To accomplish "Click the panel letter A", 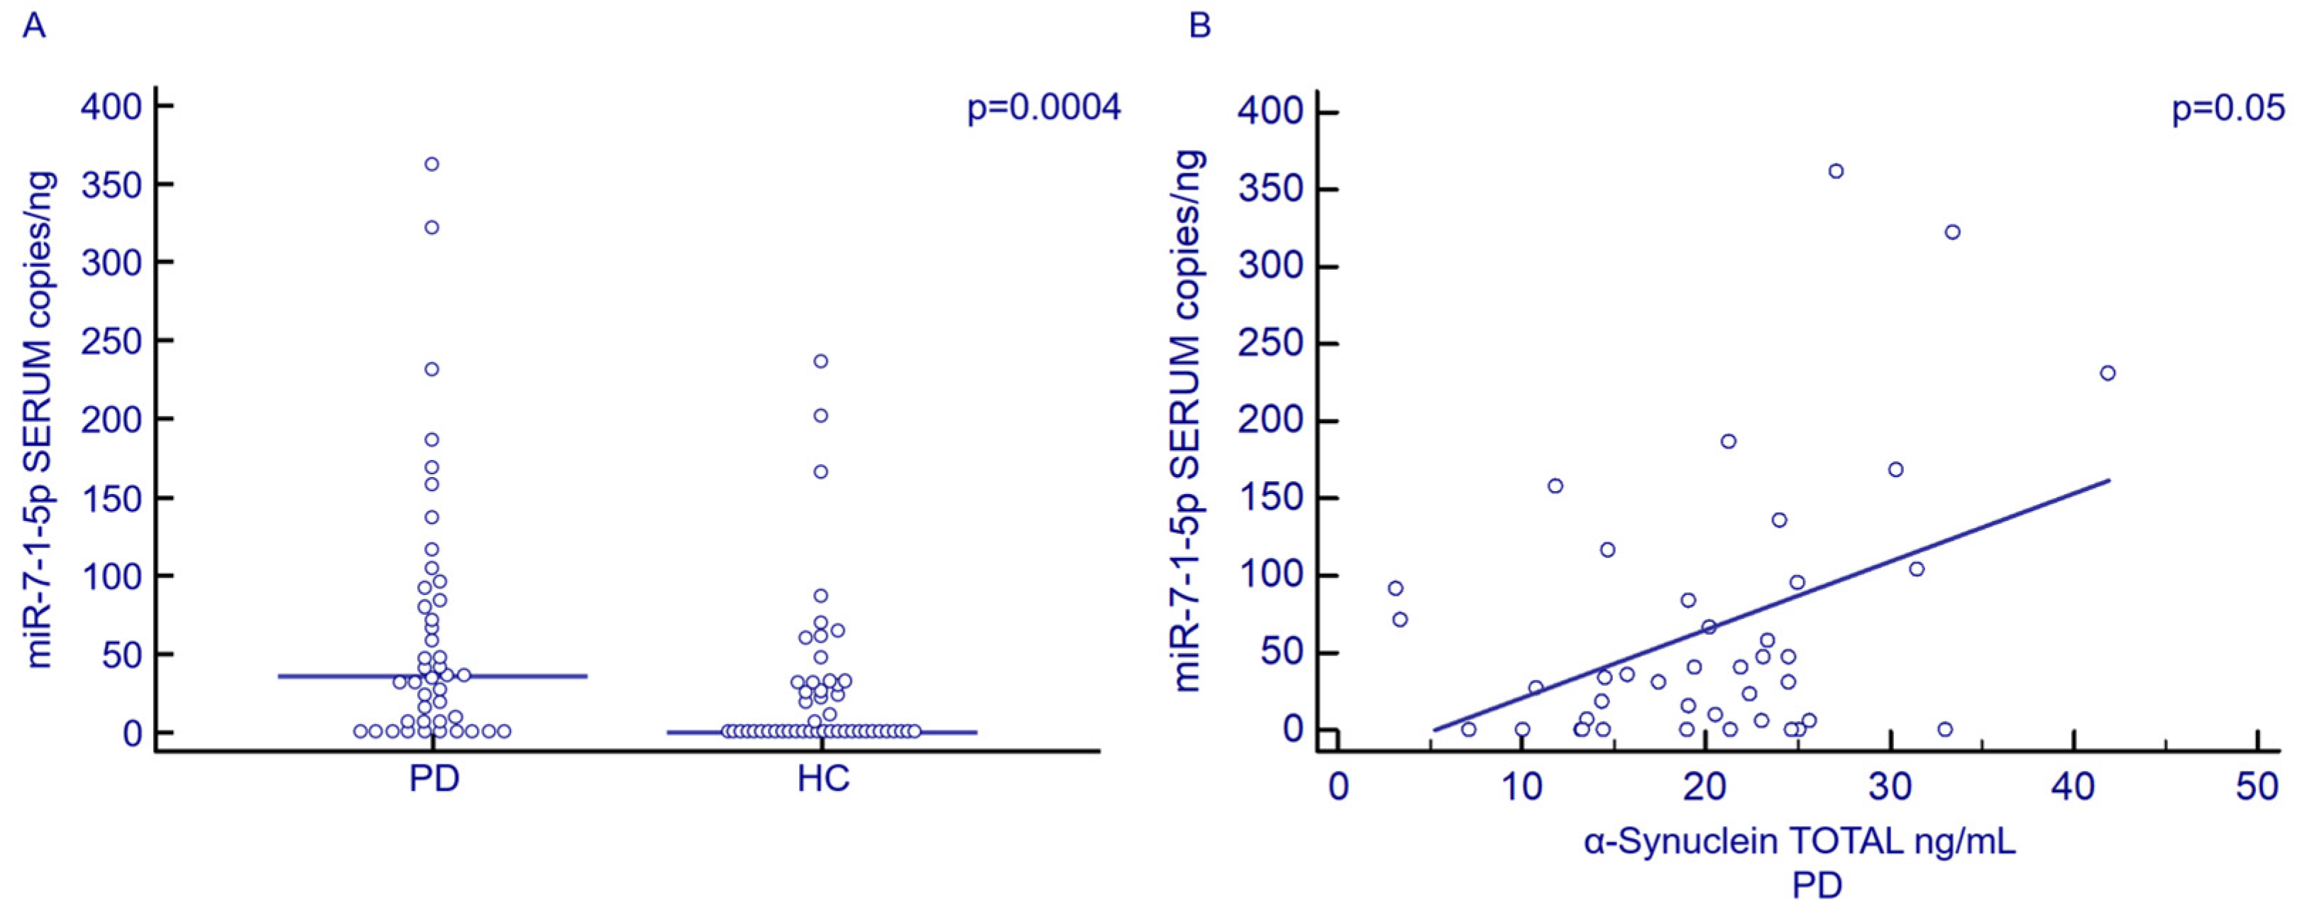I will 34,25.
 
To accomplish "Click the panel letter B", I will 1200,25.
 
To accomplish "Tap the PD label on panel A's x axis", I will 434,779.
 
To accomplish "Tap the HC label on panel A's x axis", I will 823,779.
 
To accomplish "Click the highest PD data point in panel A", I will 431,164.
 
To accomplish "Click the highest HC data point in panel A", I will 820,361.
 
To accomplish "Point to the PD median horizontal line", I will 535,676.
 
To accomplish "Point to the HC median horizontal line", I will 945,732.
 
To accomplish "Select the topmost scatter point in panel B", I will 1836,171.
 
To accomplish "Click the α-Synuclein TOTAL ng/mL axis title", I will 1800,842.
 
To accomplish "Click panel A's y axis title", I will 40,419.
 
